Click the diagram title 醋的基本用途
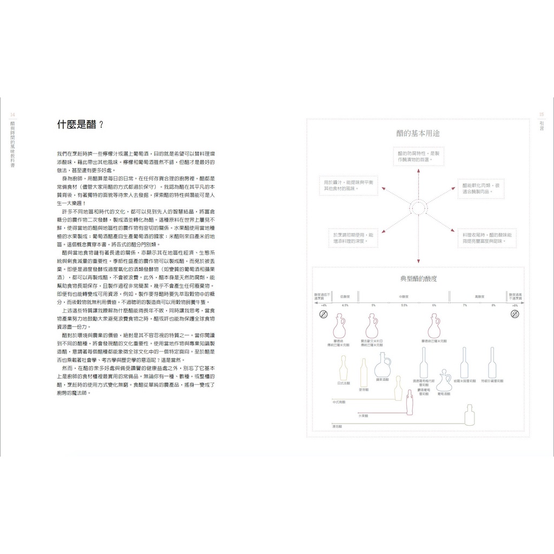click(x=417, y=133)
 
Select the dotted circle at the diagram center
click(x=417, y=207)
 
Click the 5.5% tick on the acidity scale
click(x=404, y=306)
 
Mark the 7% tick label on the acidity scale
click(x=464, y=306)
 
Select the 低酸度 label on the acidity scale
click(x=345, y=296)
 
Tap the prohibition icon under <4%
click(x=324, y=314)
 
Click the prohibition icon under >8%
click(x=515, y=314)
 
